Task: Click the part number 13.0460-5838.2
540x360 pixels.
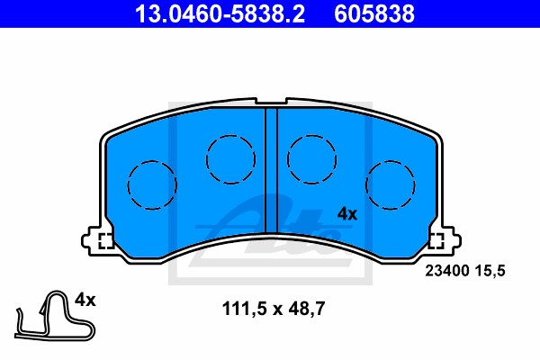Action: click(220, 13)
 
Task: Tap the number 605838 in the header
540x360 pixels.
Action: click(374, 13)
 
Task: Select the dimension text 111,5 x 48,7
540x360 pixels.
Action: click(274, 309)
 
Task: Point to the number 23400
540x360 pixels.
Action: click(447, 271)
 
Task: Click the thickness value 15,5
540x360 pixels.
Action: click(490, 271)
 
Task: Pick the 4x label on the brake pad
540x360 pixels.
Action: click(347, 214)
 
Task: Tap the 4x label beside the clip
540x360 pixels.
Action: click(85, 300)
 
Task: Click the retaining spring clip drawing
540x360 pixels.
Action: click(55, 316)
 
